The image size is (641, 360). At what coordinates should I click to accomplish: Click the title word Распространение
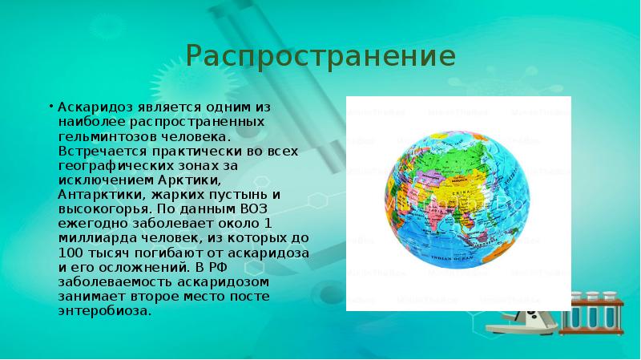pos(320,56)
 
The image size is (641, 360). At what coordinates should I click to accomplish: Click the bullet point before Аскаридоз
pos(50,106)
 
